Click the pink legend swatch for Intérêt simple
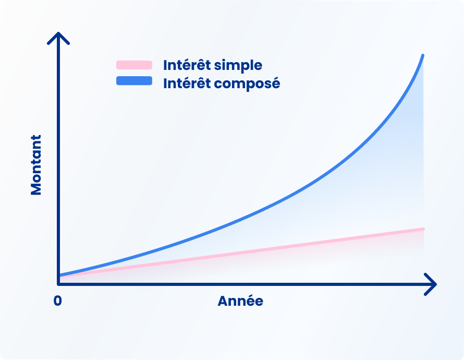click(134, 65)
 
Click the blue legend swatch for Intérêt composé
click(134, 81)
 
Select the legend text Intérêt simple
click(213, 65)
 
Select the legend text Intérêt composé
click(222, 83)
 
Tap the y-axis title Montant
click(36, 165)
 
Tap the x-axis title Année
click(240, 301)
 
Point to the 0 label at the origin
click(57, 301)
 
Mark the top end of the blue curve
click(422, 55)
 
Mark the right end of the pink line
click(423, 229)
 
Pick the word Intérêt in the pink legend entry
click(185, 65)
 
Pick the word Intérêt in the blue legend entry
click(185, 83)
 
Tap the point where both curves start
click(60, 275)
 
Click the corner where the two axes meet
click(59, 284)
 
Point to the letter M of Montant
click(36, 188)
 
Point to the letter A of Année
click(223, 301)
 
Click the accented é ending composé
click(275, 83)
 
